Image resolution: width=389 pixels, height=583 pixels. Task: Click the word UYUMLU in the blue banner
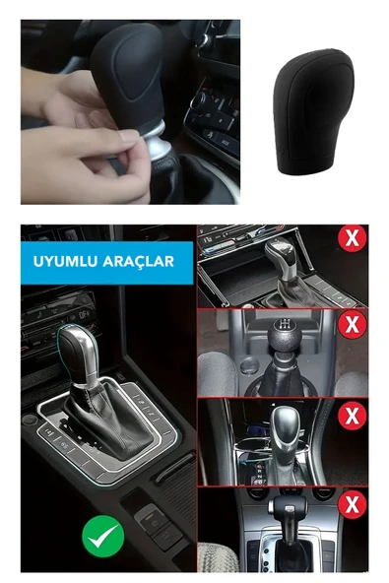(x=63, y=262)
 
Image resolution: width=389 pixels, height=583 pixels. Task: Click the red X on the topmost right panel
(x=352, y=237)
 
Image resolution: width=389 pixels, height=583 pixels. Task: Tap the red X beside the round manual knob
(x=351, y=323)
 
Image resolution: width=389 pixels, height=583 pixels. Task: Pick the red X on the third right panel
(x=351, y=414)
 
